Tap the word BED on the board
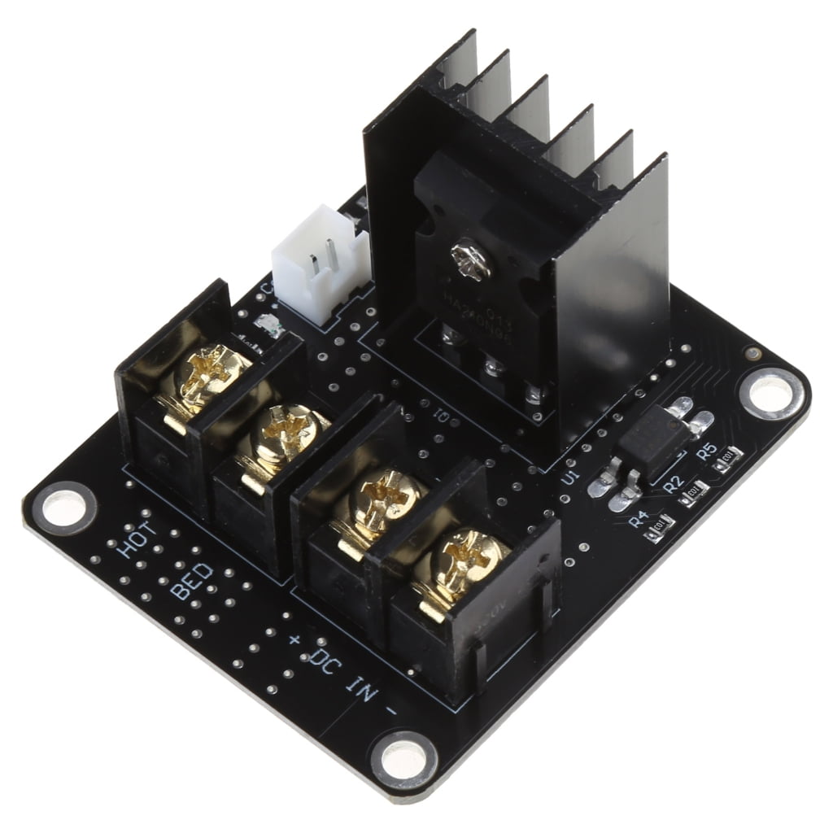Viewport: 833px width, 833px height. [193, 580]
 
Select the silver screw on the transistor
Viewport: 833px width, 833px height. [469, 260]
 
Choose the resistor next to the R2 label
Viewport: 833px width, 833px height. [694, 490]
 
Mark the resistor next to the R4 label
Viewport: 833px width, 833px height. [658, 526]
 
